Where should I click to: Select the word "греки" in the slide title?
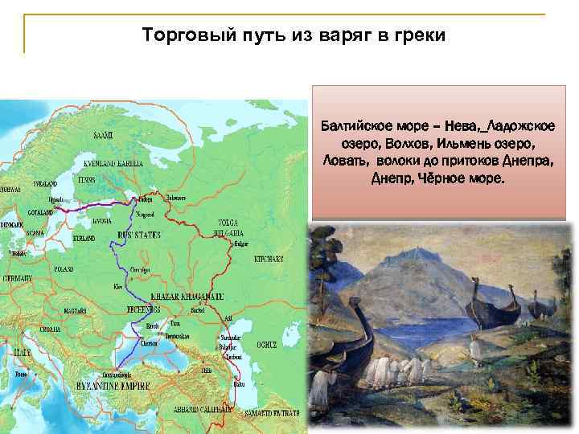click(x=417, y=36)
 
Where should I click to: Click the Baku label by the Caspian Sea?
click(x=238, y=383)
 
